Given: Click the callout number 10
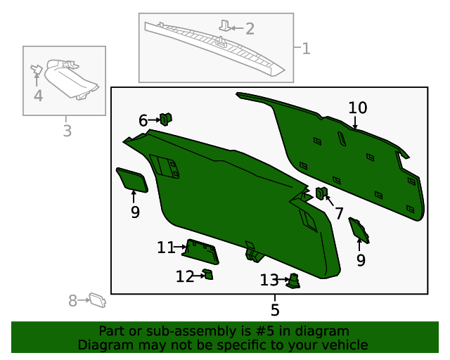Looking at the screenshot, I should pyautogui.click(x=358, y=108).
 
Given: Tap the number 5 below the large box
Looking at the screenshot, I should pyautogui.click(x=275, y=309).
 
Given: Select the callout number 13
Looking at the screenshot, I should pyautogui.click(x=269, y=281).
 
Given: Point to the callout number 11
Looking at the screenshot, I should pyautogui.click(x=166, y=247).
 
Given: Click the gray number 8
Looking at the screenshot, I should pyautogui.click(x=72, y=301).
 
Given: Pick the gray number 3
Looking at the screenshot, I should pyautogui.click(x=67, y=131).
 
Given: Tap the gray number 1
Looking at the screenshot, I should pyautogui.click(x=305, y=49).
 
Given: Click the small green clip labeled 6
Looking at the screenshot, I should pyautogui.click(x=167, y=119).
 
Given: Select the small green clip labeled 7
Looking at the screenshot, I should pyautogui.click(x=321, y=193).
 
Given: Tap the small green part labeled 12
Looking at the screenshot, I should pyautogui.click(x=208, y=274).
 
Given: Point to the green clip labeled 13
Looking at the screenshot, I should pyautogui.click(x=294, y=281).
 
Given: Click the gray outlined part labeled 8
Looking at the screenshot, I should pyautogui.click(x=98, y=301).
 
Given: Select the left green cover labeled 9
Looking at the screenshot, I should pyautogui.click(x=131, y=179).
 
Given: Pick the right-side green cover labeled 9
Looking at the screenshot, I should pyautogui.click(x=359, y=230).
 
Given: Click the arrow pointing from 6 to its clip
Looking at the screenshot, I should pyautogui.click(x=155, y=120).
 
